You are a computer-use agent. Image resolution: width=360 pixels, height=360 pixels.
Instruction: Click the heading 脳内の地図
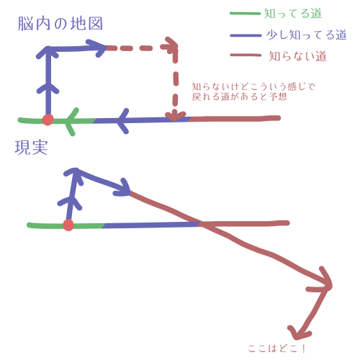pyautogui.click(x=60, y=24)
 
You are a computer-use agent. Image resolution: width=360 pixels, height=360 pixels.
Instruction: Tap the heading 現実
pyautogui.click(x=31, y=148)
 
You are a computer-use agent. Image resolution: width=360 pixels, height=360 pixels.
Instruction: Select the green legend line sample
pyautogui.click(x=245, y=14)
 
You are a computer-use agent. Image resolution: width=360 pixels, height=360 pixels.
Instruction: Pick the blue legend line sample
pyautogui.click(x=246, y=35)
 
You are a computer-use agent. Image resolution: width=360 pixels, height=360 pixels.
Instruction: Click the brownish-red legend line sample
pyautogui.click(x=246, y=55)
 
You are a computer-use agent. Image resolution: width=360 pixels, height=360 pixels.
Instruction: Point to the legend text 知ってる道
pyautogui.click(x=293, y=13)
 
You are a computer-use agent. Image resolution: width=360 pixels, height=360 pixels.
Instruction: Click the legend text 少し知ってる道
pyautogui.click(x=307, y=35)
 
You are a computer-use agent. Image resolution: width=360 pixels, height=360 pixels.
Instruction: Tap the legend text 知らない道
pyautogui.click(x=297, y=56)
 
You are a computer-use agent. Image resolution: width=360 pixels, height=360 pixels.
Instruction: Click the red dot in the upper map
pyautogui.click(x=48, y=120)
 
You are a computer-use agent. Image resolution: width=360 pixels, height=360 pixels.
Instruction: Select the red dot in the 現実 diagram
pyautogui.click(x=68, y=225)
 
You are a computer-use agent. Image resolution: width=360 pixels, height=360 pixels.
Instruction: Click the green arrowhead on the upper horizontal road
pyautogui.click(x=71, y=121)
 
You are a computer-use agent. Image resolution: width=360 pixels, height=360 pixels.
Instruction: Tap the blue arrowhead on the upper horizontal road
pyautogui.click(x=123, y=121)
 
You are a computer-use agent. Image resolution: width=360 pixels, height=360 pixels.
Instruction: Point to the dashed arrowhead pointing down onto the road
pyautogui.click(x=175, y=116)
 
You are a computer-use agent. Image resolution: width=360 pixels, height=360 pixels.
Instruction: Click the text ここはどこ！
pyautogui.click(x=276, y=348)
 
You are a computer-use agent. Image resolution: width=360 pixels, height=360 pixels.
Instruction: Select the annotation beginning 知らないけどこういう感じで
pyautogui.click(x=253, y=91)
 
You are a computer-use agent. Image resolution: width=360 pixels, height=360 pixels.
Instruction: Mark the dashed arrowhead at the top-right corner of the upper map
pyautogui.click(x=171, y=45)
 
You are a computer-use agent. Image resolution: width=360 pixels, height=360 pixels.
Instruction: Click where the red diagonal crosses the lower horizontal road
pyautogui.click(x=201, y=224)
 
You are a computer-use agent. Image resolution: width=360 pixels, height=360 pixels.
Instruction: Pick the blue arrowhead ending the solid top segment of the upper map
pyautogui.click(x=97, y=48)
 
